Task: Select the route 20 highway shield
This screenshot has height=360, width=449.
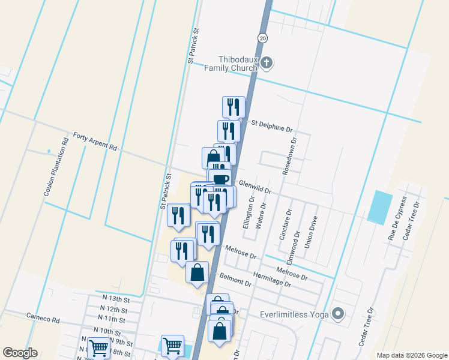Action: (263, 38)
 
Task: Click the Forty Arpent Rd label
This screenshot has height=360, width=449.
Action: (94, 142)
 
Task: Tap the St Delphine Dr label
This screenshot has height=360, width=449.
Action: (271, 125)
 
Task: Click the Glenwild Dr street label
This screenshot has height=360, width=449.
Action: (256, 188)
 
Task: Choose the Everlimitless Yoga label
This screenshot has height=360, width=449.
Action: (295, 314)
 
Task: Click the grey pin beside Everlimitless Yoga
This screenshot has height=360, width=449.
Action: (339, 313)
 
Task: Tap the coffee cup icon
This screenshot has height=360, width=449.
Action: (221, 178)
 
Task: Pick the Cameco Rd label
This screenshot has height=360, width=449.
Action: (43, 316)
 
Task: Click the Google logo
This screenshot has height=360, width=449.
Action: (20, 353)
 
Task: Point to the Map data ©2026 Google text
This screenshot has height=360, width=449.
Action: (411, 355)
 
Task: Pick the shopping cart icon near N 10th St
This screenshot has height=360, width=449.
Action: (98, 347)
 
